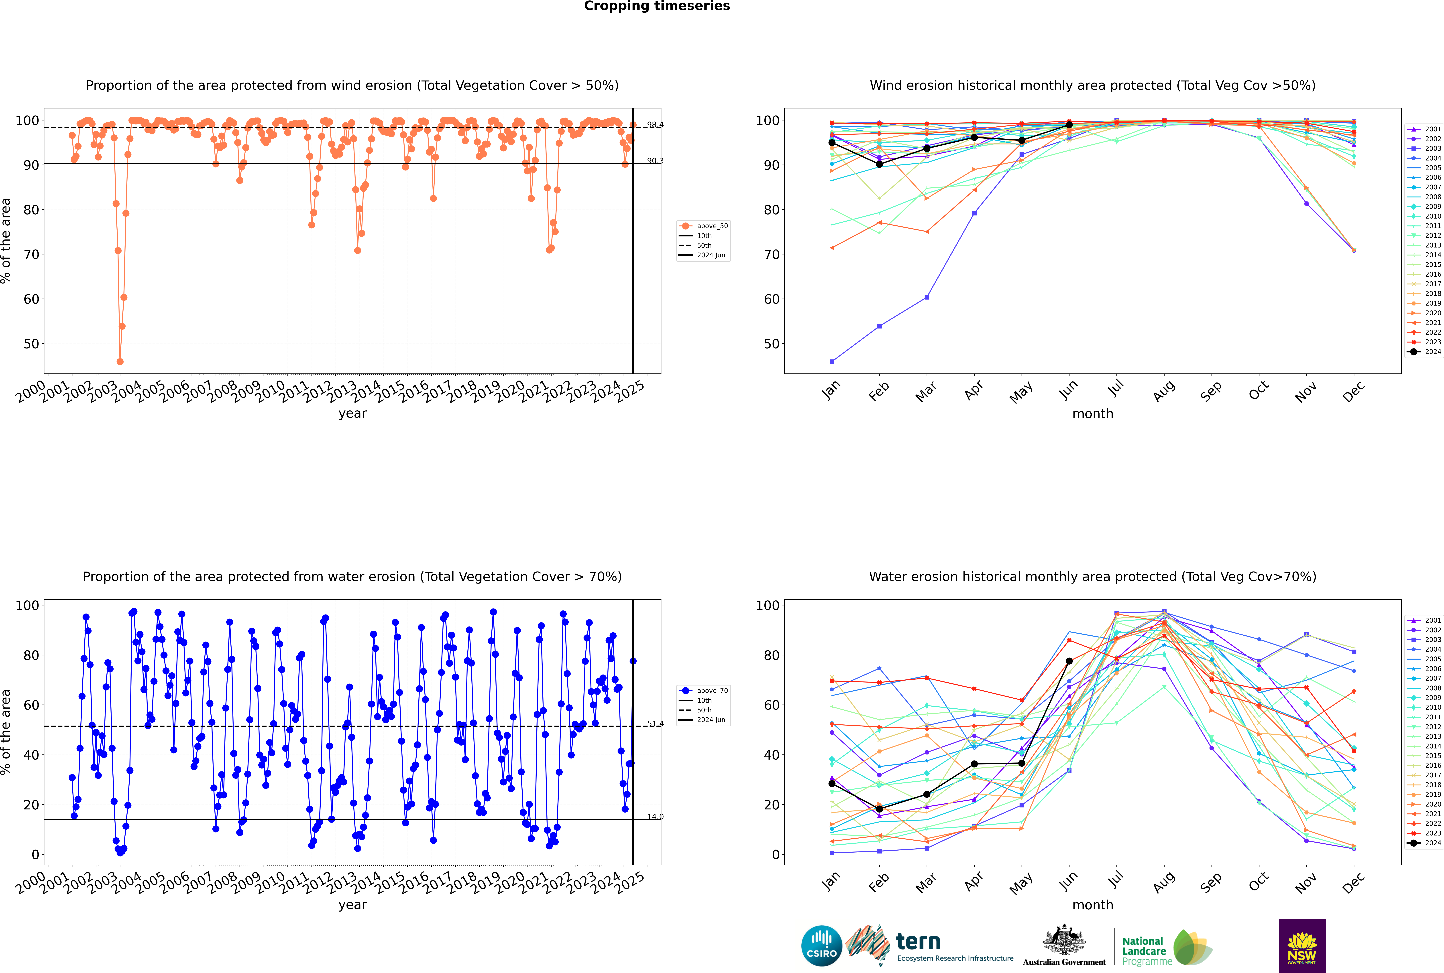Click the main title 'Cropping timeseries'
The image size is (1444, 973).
tap(657, 6)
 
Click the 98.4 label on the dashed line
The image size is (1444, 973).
tap(655, 125)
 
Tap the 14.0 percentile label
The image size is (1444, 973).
tap(655, 817)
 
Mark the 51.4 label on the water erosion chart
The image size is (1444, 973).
tap(655, 724)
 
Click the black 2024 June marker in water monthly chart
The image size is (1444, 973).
tap(1069, 661)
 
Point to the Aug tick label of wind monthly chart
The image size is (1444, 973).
tap(1163, 391)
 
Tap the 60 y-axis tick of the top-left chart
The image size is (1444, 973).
tap(31, 299)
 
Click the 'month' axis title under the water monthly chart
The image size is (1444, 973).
tap(1093, 905)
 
